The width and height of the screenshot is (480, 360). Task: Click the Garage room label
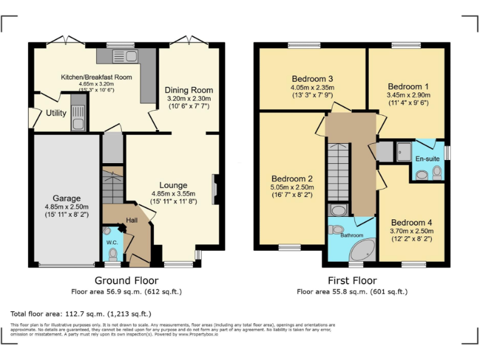pos(66,198)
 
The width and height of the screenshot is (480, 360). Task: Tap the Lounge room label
pos(173,185)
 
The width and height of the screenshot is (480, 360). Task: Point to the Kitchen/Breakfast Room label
pos(96,77)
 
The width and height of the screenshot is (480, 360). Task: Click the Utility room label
pos(56,113)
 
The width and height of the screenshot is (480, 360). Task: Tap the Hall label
pos(132,220)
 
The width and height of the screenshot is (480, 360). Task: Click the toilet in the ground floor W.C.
pos(112,254)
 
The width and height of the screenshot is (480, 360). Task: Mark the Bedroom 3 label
pos(312,79)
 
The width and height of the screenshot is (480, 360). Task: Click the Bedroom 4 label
pos(411,222)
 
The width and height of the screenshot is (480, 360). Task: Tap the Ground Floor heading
pos(126,281)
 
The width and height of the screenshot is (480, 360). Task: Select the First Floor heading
pos(352,281)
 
